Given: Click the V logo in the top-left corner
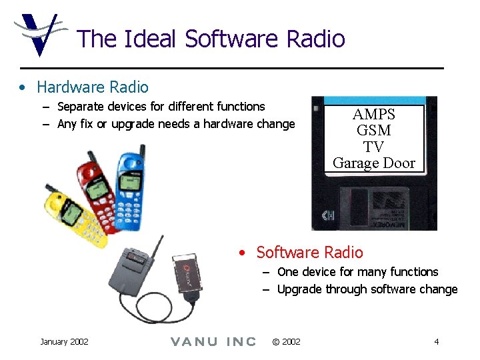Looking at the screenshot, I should (38, 33).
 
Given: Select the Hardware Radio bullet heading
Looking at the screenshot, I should (93, 87).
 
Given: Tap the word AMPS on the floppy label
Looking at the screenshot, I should (373, 115).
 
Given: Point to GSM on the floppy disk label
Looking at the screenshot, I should (373, 131).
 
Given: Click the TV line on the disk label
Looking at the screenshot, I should (373, 147).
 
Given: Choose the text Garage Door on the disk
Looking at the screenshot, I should (373, 163).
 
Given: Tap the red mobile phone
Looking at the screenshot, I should (100, 193).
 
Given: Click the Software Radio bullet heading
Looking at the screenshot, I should (309, 253).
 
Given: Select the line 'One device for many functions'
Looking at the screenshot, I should (357, 272).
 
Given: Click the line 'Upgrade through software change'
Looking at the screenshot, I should (367, 289).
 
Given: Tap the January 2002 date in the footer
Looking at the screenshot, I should (64, 342).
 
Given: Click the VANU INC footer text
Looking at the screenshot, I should (213, 342).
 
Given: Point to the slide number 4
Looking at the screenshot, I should (436, 342).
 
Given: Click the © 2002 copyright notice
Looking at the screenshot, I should (287, 342).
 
